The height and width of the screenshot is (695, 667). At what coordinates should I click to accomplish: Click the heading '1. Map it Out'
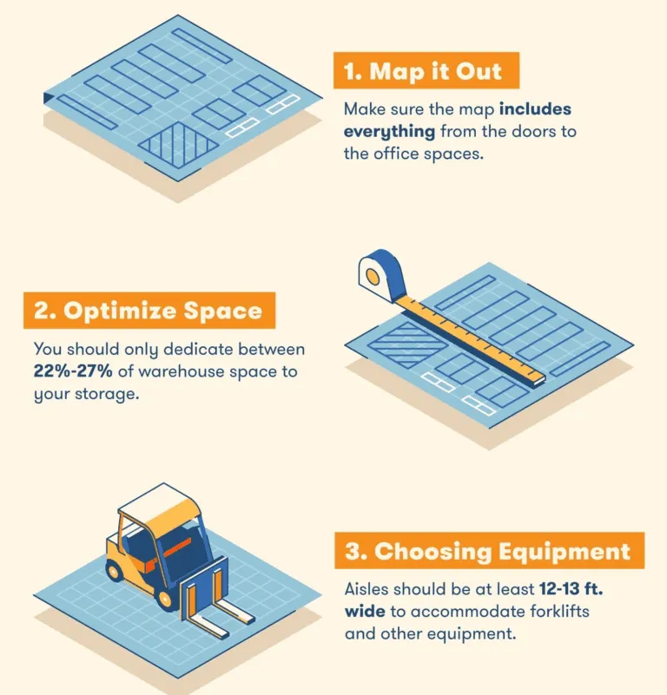422,71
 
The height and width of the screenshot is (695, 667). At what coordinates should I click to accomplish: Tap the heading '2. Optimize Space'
149,311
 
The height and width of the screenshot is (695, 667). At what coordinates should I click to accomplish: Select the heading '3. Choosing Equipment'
488,551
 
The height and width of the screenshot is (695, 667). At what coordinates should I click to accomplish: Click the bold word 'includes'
535,109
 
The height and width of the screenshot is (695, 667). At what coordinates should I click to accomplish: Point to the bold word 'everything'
390,132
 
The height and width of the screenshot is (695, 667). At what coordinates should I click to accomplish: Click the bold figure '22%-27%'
73,371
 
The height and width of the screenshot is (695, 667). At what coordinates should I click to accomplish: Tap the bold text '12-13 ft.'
571,589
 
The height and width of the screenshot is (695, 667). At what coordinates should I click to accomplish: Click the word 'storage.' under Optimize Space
107,395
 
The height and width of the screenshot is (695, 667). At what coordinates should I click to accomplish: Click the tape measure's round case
381,275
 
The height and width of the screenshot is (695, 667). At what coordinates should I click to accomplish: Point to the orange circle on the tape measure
372,278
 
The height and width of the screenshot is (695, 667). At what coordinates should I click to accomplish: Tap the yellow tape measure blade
470,338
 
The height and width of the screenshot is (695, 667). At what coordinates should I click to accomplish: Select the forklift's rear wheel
115,570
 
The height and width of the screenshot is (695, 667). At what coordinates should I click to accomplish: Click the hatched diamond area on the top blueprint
178,145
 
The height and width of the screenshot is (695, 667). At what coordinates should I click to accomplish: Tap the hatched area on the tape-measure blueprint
408,344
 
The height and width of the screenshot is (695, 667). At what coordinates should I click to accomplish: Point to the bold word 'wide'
365,612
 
